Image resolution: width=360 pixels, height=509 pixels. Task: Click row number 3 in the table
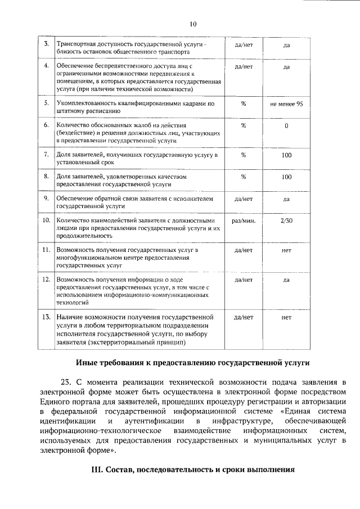coord(46,44)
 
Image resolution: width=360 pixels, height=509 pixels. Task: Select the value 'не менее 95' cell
coord(286,104)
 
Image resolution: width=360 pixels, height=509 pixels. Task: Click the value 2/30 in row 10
coord(286,220)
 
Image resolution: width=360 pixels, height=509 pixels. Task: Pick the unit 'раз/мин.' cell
coord(244,220)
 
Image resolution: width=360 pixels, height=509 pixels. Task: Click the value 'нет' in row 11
coord(286,249)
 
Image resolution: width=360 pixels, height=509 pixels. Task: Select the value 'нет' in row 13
coord(286,317)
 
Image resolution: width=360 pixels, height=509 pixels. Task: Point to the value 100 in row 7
coord(286,154)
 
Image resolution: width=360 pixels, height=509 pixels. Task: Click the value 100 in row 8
coord(286,177)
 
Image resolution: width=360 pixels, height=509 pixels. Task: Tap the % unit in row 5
coord(244,104)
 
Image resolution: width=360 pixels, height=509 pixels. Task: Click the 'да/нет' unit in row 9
coord(244,199)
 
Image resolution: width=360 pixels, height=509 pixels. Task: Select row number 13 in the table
coord(46,317)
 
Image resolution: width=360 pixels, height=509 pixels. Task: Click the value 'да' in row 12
coord(286,279)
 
